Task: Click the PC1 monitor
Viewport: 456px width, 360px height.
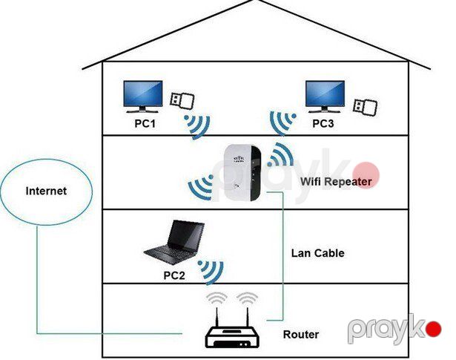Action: [143, 96]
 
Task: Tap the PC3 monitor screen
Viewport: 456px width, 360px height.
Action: [325, 94]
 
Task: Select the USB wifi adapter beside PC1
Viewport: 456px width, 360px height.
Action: [182, 100]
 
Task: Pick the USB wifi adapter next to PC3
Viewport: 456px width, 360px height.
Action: [365, 107]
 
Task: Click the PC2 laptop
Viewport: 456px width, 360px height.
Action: [174, 242]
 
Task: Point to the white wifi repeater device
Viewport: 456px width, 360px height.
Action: [242, 173]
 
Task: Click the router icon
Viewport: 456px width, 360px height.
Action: [232, 327]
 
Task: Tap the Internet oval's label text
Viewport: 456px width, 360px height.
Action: [46, 191]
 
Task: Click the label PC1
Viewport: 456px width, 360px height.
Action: [145, 123]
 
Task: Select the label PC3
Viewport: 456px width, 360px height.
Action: [323, 123]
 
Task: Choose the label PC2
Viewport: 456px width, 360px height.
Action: [174, 275]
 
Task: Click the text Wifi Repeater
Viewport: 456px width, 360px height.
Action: [336, 182]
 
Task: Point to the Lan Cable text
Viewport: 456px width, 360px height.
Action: [318, 253]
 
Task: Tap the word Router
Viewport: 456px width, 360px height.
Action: [301, 334]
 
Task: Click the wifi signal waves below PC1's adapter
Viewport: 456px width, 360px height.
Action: [198, 127]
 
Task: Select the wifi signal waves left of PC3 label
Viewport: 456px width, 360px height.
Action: [282, 123]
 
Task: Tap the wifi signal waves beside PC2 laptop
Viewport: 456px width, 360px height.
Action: [211, 272]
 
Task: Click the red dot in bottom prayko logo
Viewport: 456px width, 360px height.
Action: [434, 329]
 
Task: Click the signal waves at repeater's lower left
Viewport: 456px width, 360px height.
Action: [201, 187]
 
